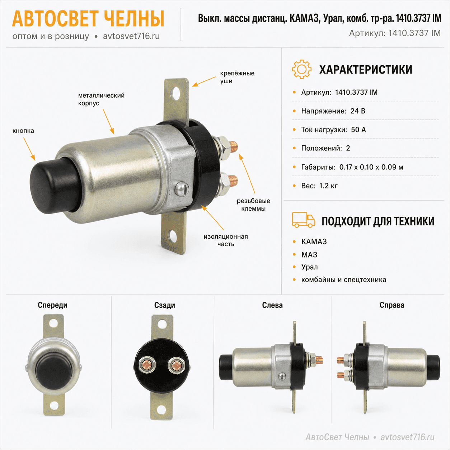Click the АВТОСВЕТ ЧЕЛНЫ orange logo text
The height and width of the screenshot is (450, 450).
88,19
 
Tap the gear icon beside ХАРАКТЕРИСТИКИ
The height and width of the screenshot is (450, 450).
301,69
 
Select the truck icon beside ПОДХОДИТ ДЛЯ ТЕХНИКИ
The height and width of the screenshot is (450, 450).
303,220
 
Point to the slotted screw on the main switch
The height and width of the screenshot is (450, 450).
182,188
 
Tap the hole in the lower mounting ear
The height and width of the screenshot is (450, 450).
174,236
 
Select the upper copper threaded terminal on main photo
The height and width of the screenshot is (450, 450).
234,147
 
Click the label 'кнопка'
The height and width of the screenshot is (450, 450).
23,131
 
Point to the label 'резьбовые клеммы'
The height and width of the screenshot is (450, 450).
253,205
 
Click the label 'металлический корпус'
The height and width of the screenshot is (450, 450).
101,99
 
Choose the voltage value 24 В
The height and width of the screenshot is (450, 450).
358,111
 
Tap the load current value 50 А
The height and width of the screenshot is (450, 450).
358,130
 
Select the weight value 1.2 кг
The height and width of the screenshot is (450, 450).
328,186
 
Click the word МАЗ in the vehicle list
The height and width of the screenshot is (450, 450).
309,254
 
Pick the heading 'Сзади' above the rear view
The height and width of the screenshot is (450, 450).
164,305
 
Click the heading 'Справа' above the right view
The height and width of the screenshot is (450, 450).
392,305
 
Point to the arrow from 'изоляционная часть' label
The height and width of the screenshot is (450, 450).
212,218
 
